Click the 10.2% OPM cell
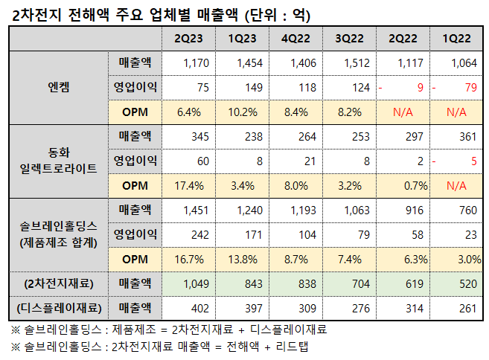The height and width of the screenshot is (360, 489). click(x=241, y=112)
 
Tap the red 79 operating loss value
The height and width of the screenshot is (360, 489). click(x=470, y=88)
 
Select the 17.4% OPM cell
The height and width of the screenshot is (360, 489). click(x=188, y=185)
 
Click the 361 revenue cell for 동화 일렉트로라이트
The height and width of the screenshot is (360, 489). click(x=467, y=137)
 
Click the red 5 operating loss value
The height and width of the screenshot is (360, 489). click(x=473, y=161)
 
